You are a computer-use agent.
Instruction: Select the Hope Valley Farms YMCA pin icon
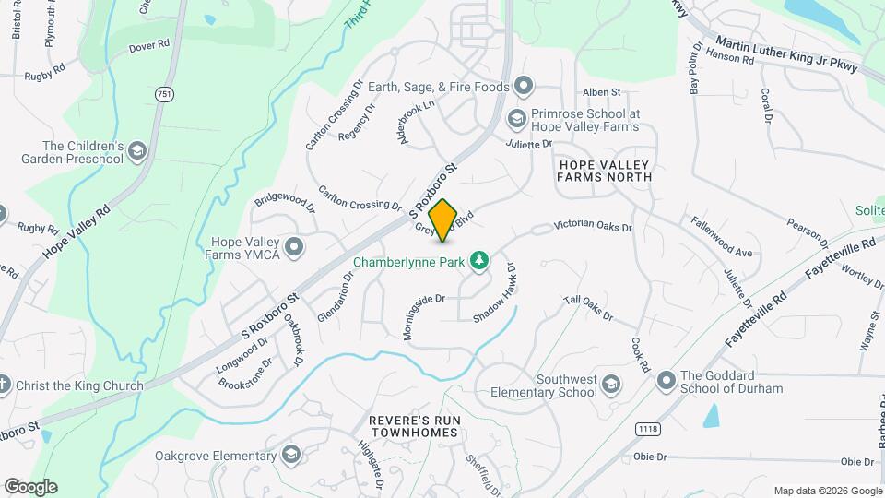295,246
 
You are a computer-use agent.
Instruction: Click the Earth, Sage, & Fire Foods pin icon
525,88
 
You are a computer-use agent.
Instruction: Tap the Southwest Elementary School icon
610,384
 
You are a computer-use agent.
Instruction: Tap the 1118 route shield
647,429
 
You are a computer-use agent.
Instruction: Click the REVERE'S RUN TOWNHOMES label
413,426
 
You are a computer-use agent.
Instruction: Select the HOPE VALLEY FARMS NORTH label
605,170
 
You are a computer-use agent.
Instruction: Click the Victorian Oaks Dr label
593,226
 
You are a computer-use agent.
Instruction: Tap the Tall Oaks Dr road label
589,308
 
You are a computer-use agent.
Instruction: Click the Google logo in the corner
30,487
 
